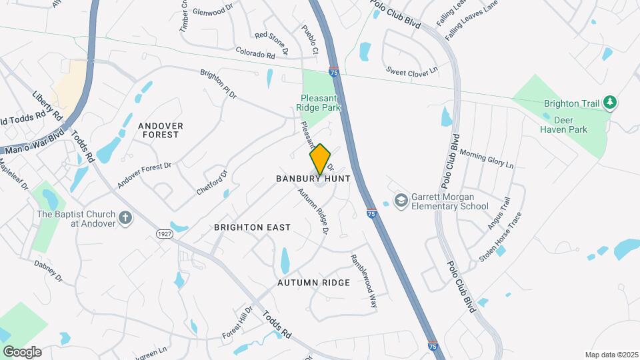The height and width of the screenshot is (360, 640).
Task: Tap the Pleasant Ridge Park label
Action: click(319, 102)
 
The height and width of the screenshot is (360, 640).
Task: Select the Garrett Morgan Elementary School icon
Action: click(401, 200)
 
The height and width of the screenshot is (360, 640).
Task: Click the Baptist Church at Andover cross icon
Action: click(125, 218)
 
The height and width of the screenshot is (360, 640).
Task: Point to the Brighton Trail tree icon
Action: click(609, 103)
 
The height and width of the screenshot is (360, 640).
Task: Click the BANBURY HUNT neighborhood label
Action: click(313, 179)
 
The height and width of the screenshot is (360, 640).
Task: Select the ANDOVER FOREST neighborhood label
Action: click(159, 129)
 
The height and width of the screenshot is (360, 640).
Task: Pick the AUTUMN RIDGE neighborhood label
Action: click(313, 283)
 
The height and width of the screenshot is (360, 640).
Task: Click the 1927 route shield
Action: click(165, 234)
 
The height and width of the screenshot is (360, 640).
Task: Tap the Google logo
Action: click(22, 351)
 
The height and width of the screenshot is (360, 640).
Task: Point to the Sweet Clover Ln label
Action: click(411, 70)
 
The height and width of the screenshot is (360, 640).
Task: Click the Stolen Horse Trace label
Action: click(500, 237)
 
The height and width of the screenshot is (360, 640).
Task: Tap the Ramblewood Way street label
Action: click(365, 282)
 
